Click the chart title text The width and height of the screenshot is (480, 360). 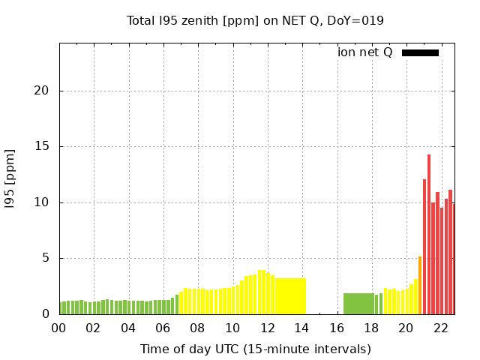[255, 20]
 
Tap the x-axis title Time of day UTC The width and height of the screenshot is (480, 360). [255, 349]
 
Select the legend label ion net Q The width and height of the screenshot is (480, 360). [364, 52]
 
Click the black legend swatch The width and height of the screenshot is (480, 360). [420, 52]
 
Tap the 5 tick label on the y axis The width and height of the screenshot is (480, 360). [47, 259]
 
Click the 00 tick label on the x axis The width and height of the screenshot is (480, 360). [59, 328]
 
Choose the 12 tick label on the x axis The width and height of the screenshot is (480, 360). [267, 328]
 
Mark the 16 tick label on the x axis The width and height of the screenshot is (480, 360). [337, 328]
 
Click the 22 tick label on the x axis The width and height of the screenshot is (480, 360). [441, 328]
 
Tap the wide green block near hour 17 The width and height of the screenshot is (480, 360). [358, 304]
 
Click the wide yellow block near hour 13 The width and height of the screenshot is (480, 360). [290, 296]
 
